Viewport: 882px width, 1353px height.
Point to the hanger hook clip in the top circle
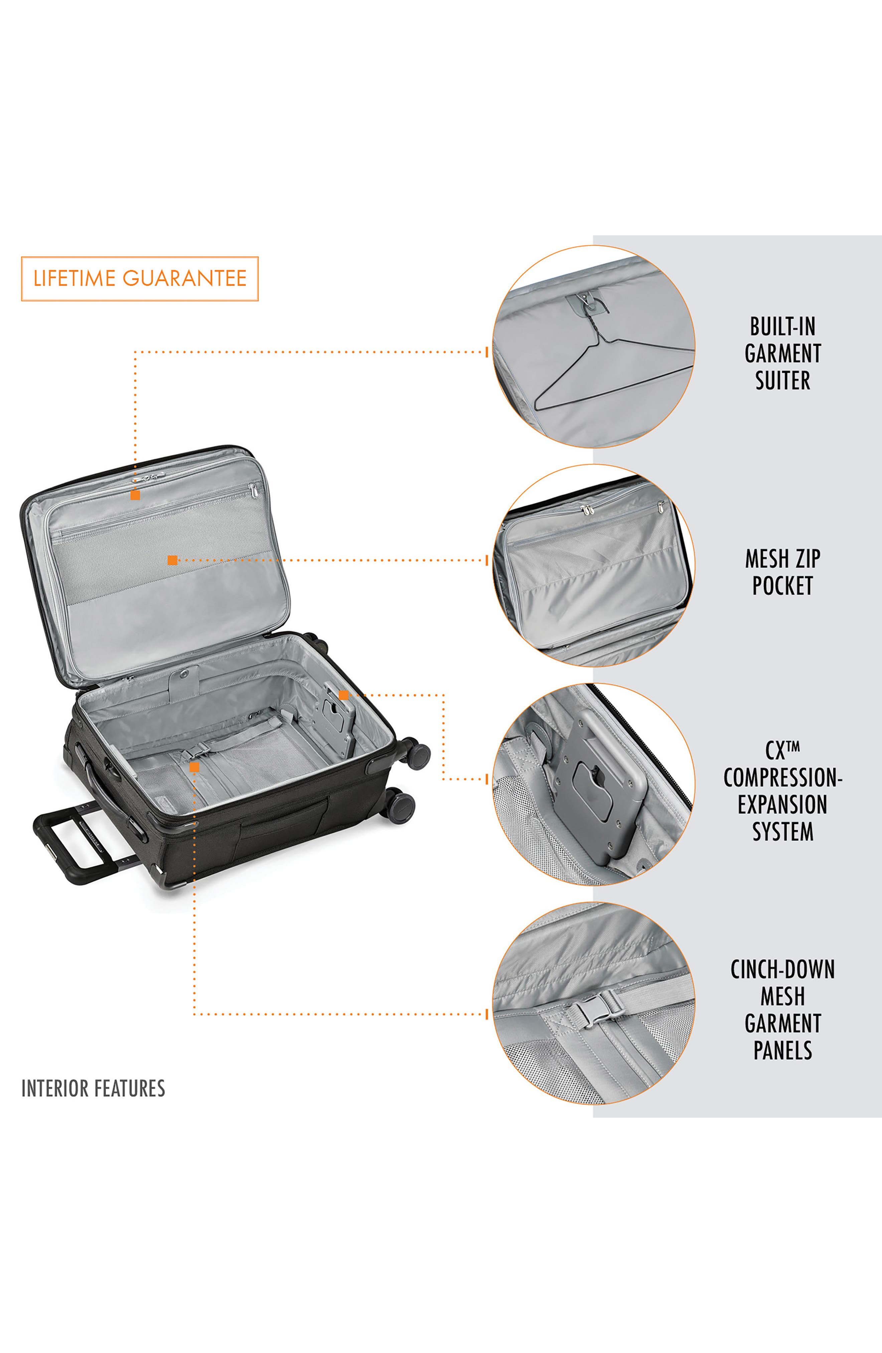click(585, 301)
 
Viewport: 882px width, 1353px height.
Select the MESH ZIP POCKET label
click(782, 572)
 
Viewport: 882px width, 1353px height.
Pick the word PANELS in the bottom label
click(782, 1050)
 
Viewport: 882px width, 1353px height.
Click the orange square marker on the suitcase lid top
click(135, 495)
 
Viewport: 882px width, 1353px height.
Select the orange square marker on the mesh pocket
click(172, 560)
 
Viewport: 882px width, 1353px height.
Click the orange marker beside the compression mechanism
click(343, 695)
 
